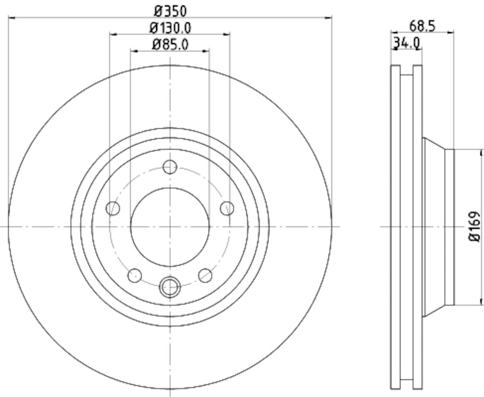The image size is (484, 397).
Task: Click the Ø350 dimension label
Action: (x=169, y=10)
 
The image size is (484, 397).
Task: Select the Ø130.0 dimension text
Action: (x=170, y=27)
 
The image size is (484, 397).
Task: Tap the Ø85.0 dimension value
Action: (x=170, y=44)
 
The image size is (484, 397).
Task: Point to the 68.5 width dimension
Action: (x=423, y=25)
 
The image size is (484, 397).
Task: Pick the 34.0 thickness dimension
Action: (x=407, y=43)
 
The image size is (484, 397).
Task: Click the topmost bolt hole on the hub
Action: (x=170, y=167)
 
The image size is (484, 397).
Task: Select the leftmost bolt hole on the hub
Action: (x=113, y=209)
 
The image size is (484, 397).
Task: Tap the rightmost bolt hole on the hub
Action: (x=227, y=209)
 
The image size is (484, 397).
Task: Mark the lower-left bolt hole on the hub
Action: (x=134, y=276)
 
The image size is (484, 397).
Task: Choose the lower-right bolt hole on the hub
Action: (x=206, y=276)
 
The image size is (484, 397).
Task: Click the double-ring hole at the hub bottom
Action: (x=170, y=286)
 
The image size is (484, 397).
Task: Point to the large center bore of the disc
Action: (x=170, y=227)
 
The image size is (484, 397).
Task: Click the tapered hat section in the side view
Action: (x=437, y=227)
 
